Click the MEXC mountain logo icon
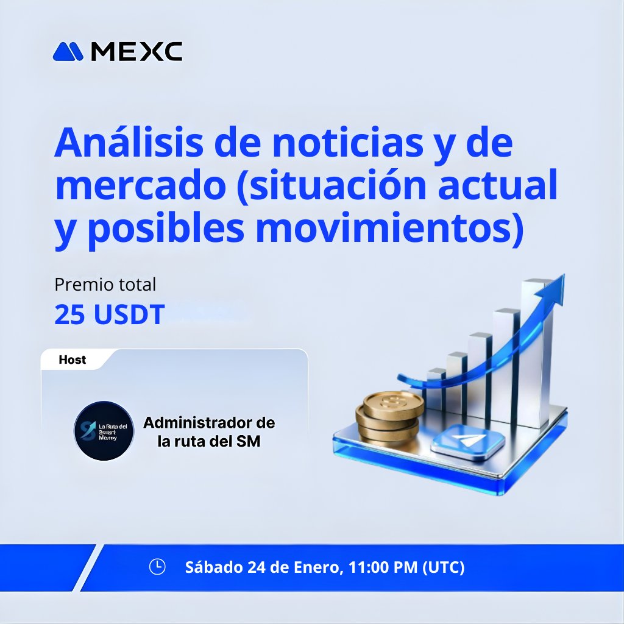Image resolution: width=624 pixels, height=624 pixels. pos(68,52)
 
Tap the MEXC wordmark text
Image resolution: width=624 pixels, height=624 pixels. pos(136,52)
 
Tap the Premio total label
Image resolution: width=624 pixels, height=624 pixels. pos(105,285)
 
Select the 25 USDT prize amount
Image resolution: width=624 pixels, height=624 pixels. pos(109,314)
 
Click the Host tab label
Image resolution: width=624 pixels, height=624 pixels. pos(72,360)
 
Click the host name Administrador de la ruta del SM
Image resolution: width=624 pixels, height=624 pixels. pos(209,431)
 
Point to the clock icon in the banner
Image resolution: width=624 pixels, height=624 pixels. pos(157,567)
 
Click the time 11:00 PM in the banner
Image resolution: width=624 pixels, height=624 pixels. pos(383,567)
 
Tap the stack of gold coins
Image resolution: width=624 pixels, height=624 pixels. pos(391,416)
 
